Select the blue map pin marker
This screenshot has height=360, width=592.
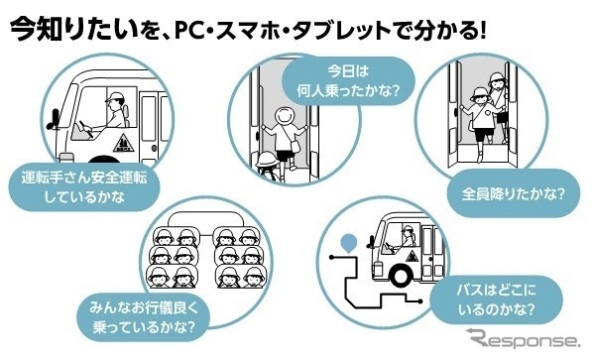348,241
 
